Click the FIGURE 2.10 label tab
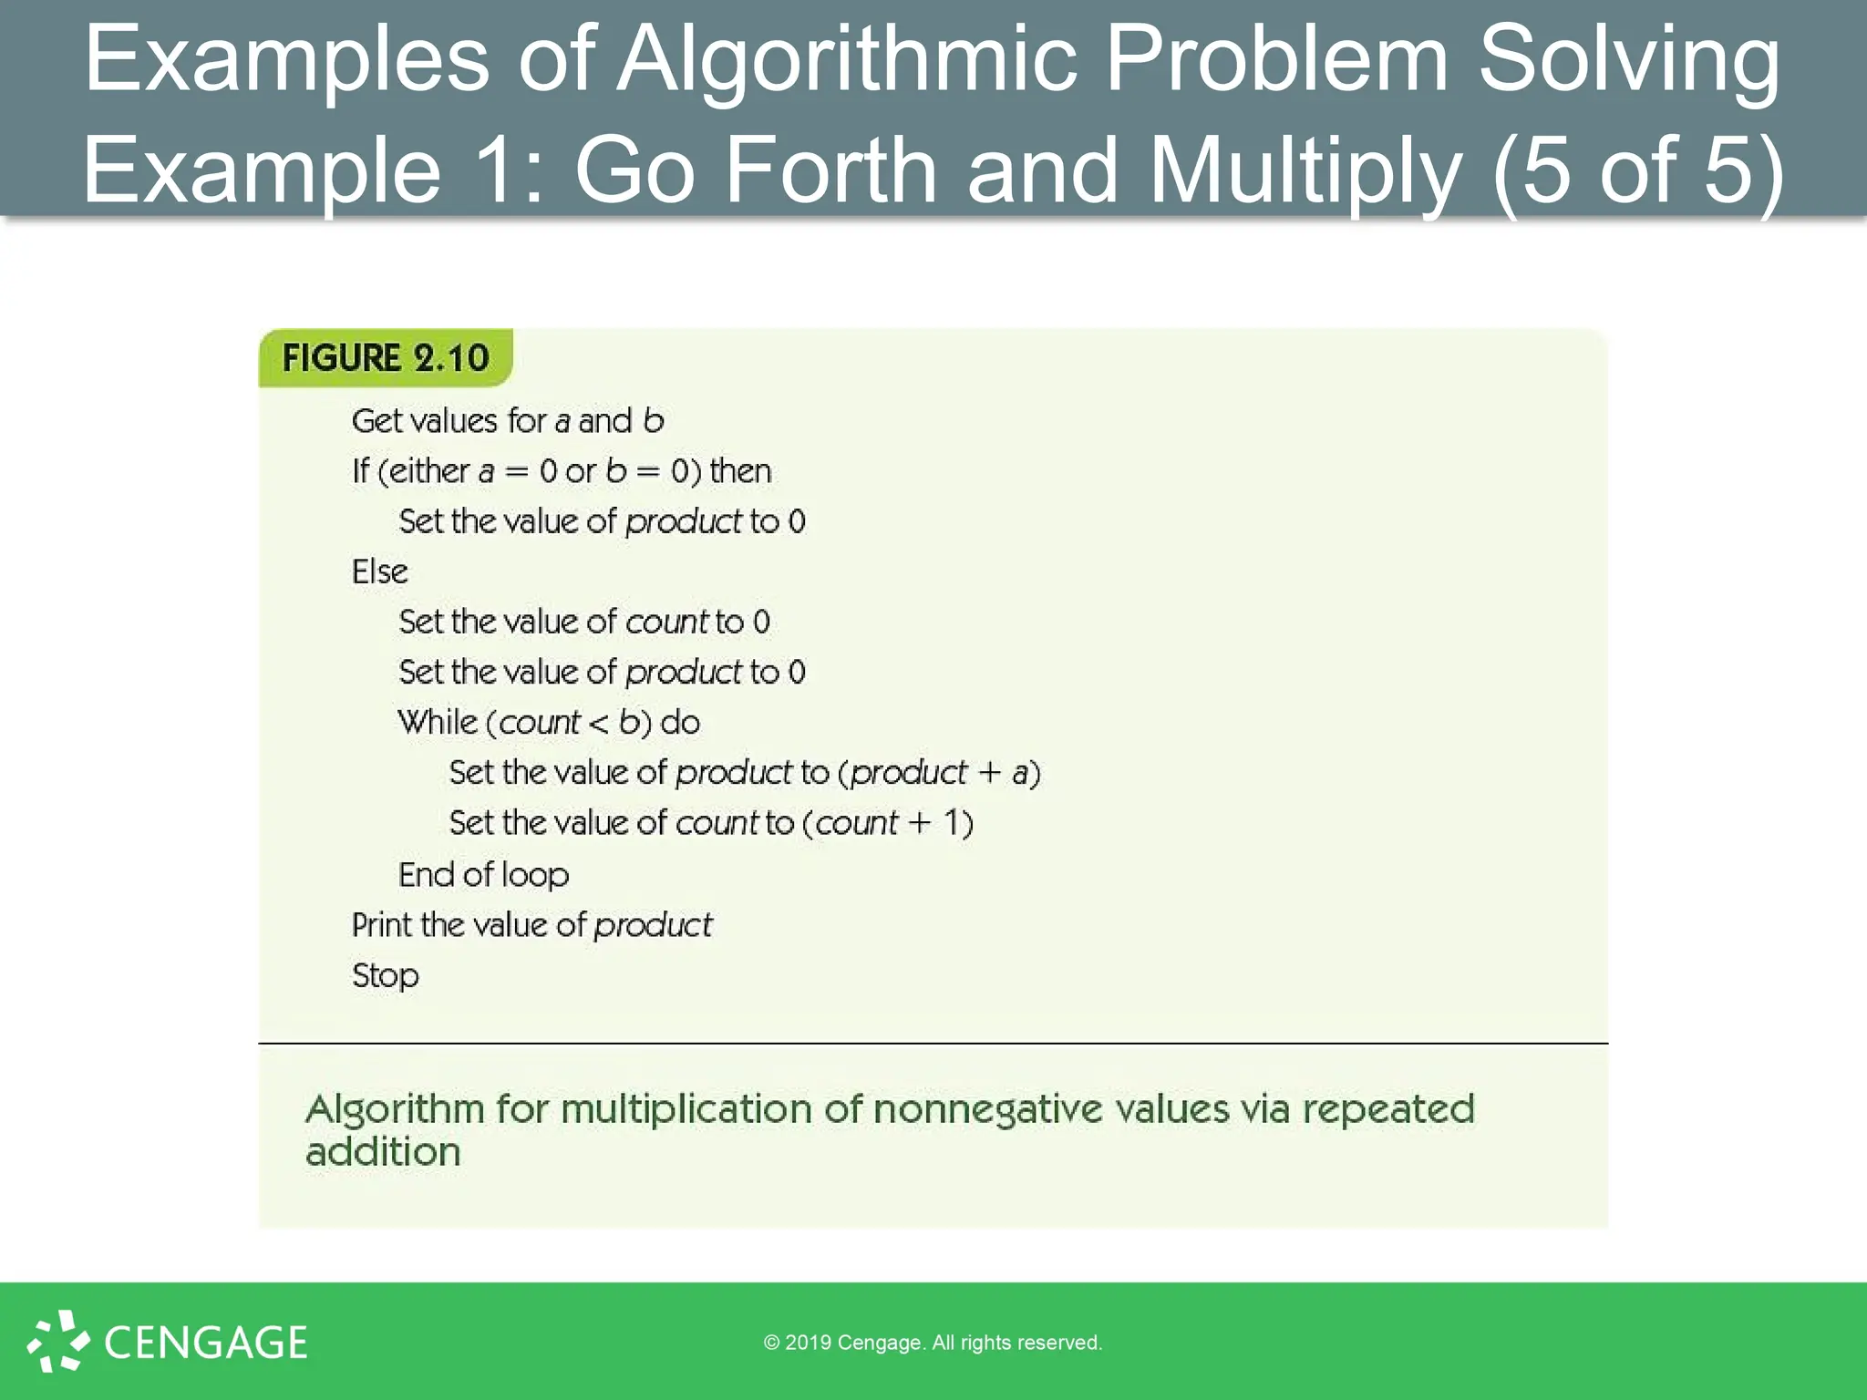pos(386,358)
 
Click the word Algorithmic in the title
pos(847,59)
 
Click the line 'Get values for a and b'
pos(508,421)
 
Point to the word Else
pos(379,571)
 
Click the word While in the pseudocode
pos(438,722)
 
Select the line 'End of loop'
pos(483,875)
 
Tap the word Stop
pos(385,976)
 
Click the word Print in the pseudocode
pos(382,925)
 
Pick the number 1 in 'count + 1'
pos(952,823)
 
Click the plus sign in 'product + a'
pos(989,774)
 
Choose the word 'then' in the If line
pos(740,471)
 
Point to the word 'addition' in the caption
pos(383,1153)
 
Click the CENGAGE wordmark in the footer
pos(206,1343)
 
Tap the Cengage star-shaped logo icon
pos(58,1341)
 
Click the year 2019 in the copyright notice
pos(808,1343)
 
